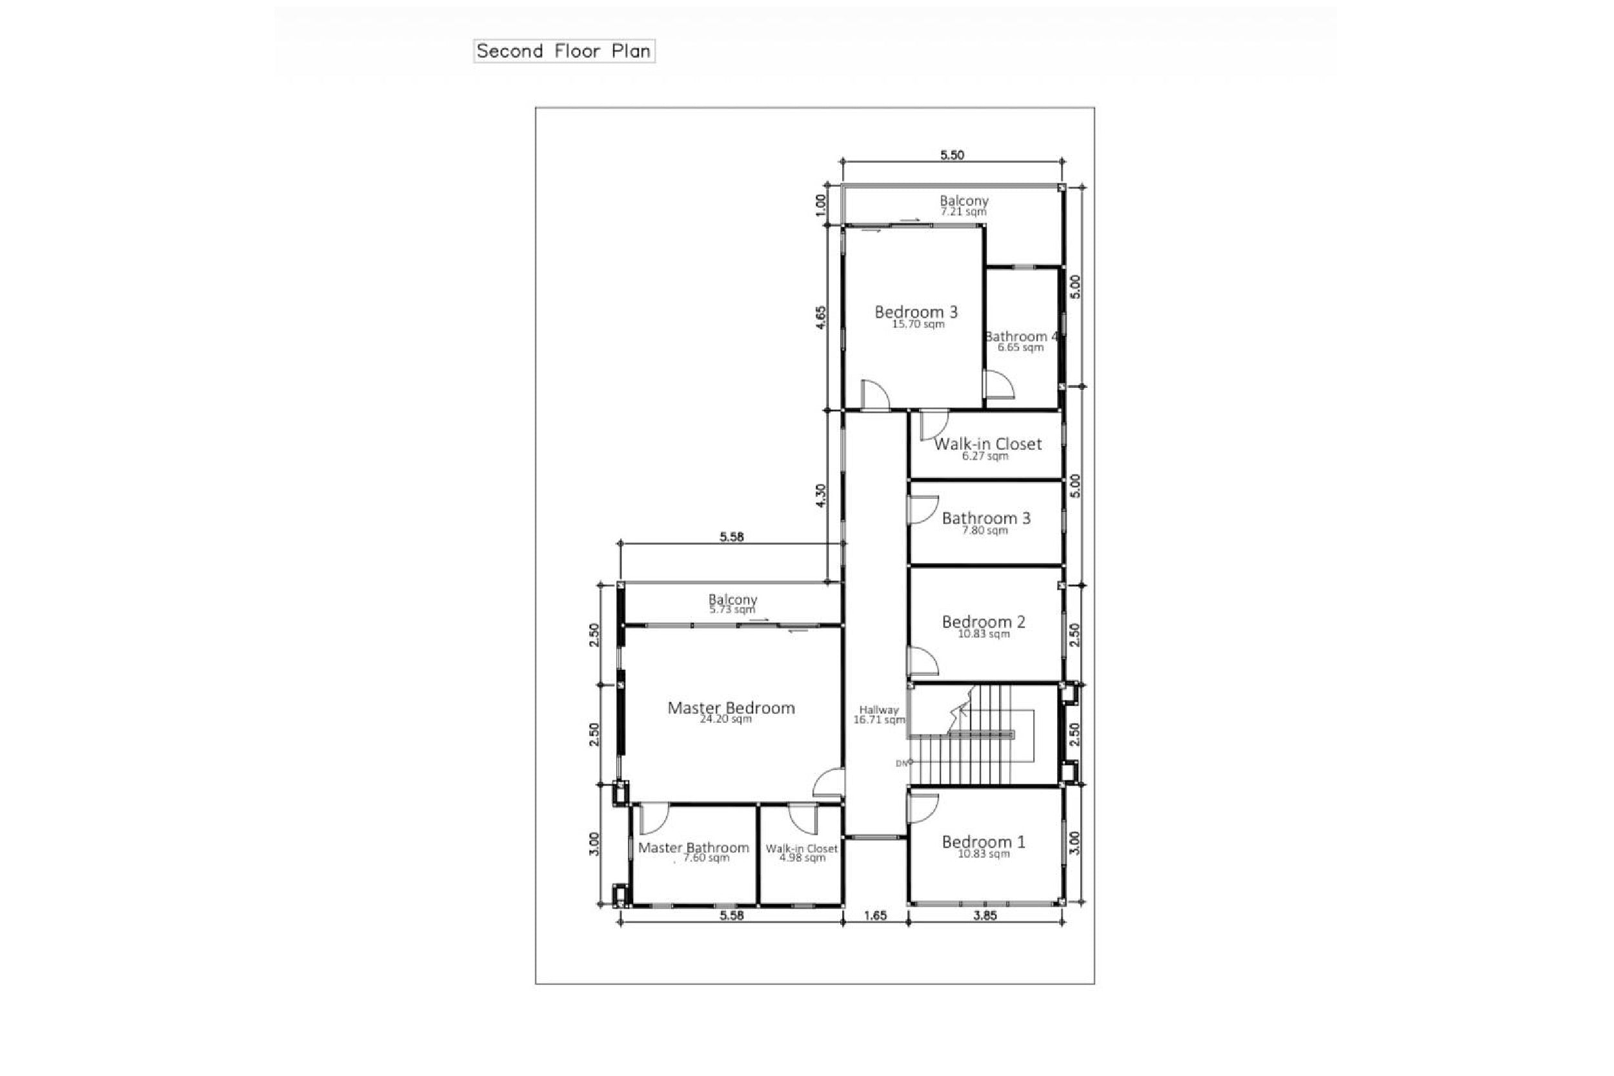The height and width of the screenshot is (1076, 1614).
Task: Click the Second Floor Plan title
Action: click(x=563, y=51)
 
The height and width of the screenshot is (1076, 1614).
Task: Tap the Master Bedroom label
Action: click(x=731, y=707)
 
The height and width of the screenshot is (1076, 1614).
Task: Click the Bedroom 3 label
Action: click(x=916, y=312)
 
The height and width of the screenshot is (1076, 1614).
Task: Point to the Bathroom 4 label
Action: click(x=1021, y=336)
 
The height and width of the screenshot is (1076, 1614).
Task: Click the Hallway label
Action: click(x=879, y=709)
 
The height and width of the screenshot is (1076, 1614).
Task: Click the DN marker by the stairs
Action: click(x=902, y=763)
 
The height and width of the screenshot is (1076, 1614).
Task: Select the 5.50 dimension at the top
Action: click(x=951, y=155)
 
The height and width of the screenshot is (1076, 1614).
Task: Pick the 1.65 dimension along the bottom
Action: click(x=875, y=915)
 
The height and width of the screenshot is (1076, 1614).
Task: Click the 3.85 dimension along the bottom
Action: click(x=984, y=915)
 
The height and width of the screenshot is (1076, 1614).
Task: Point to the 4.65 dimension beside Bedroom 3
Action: click(x=821, y=317)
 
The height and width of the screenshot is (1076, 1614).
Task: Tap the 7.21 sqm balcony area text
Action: click(x=963, y=212)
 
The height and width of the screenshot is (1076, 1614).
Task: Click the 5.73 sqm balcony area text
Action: click(x=732, y=609)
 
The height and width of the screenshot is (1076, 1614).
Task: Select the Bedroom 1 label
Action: click(x=983, y=841)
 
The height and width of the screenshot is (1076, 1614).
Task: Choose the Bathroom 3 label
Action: click(x=985, y=518)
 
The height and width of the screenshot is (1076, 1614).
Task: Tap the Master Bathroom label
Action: click(x=694, y=848)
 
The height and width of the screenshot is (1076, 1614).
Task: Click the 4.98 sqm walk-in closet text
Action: click(x=802, y=858)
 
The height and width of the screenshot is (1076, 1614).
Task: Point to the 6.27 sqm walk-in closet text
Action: click(x=985, y=456)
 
